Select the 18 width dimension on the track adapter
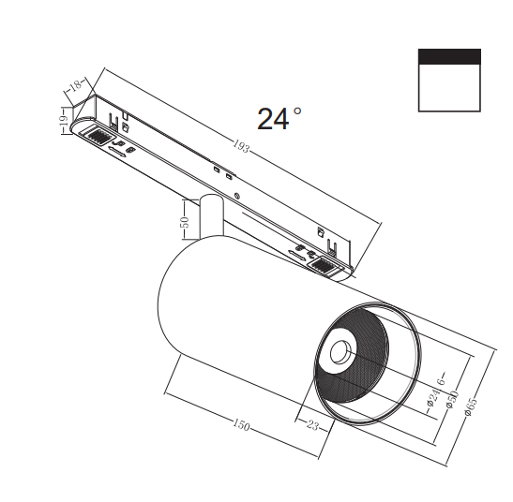[74, 87]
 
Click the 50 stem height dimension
[185, 223]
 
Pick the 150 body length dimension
[241, 426]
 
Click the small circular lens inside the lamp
[338, 353]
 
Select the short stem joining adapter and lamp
[209, 217]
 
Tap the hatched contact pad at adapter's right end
[324, 266]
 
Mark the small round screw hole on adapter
[238, 196]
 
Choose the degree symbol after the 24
[297, 111]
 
